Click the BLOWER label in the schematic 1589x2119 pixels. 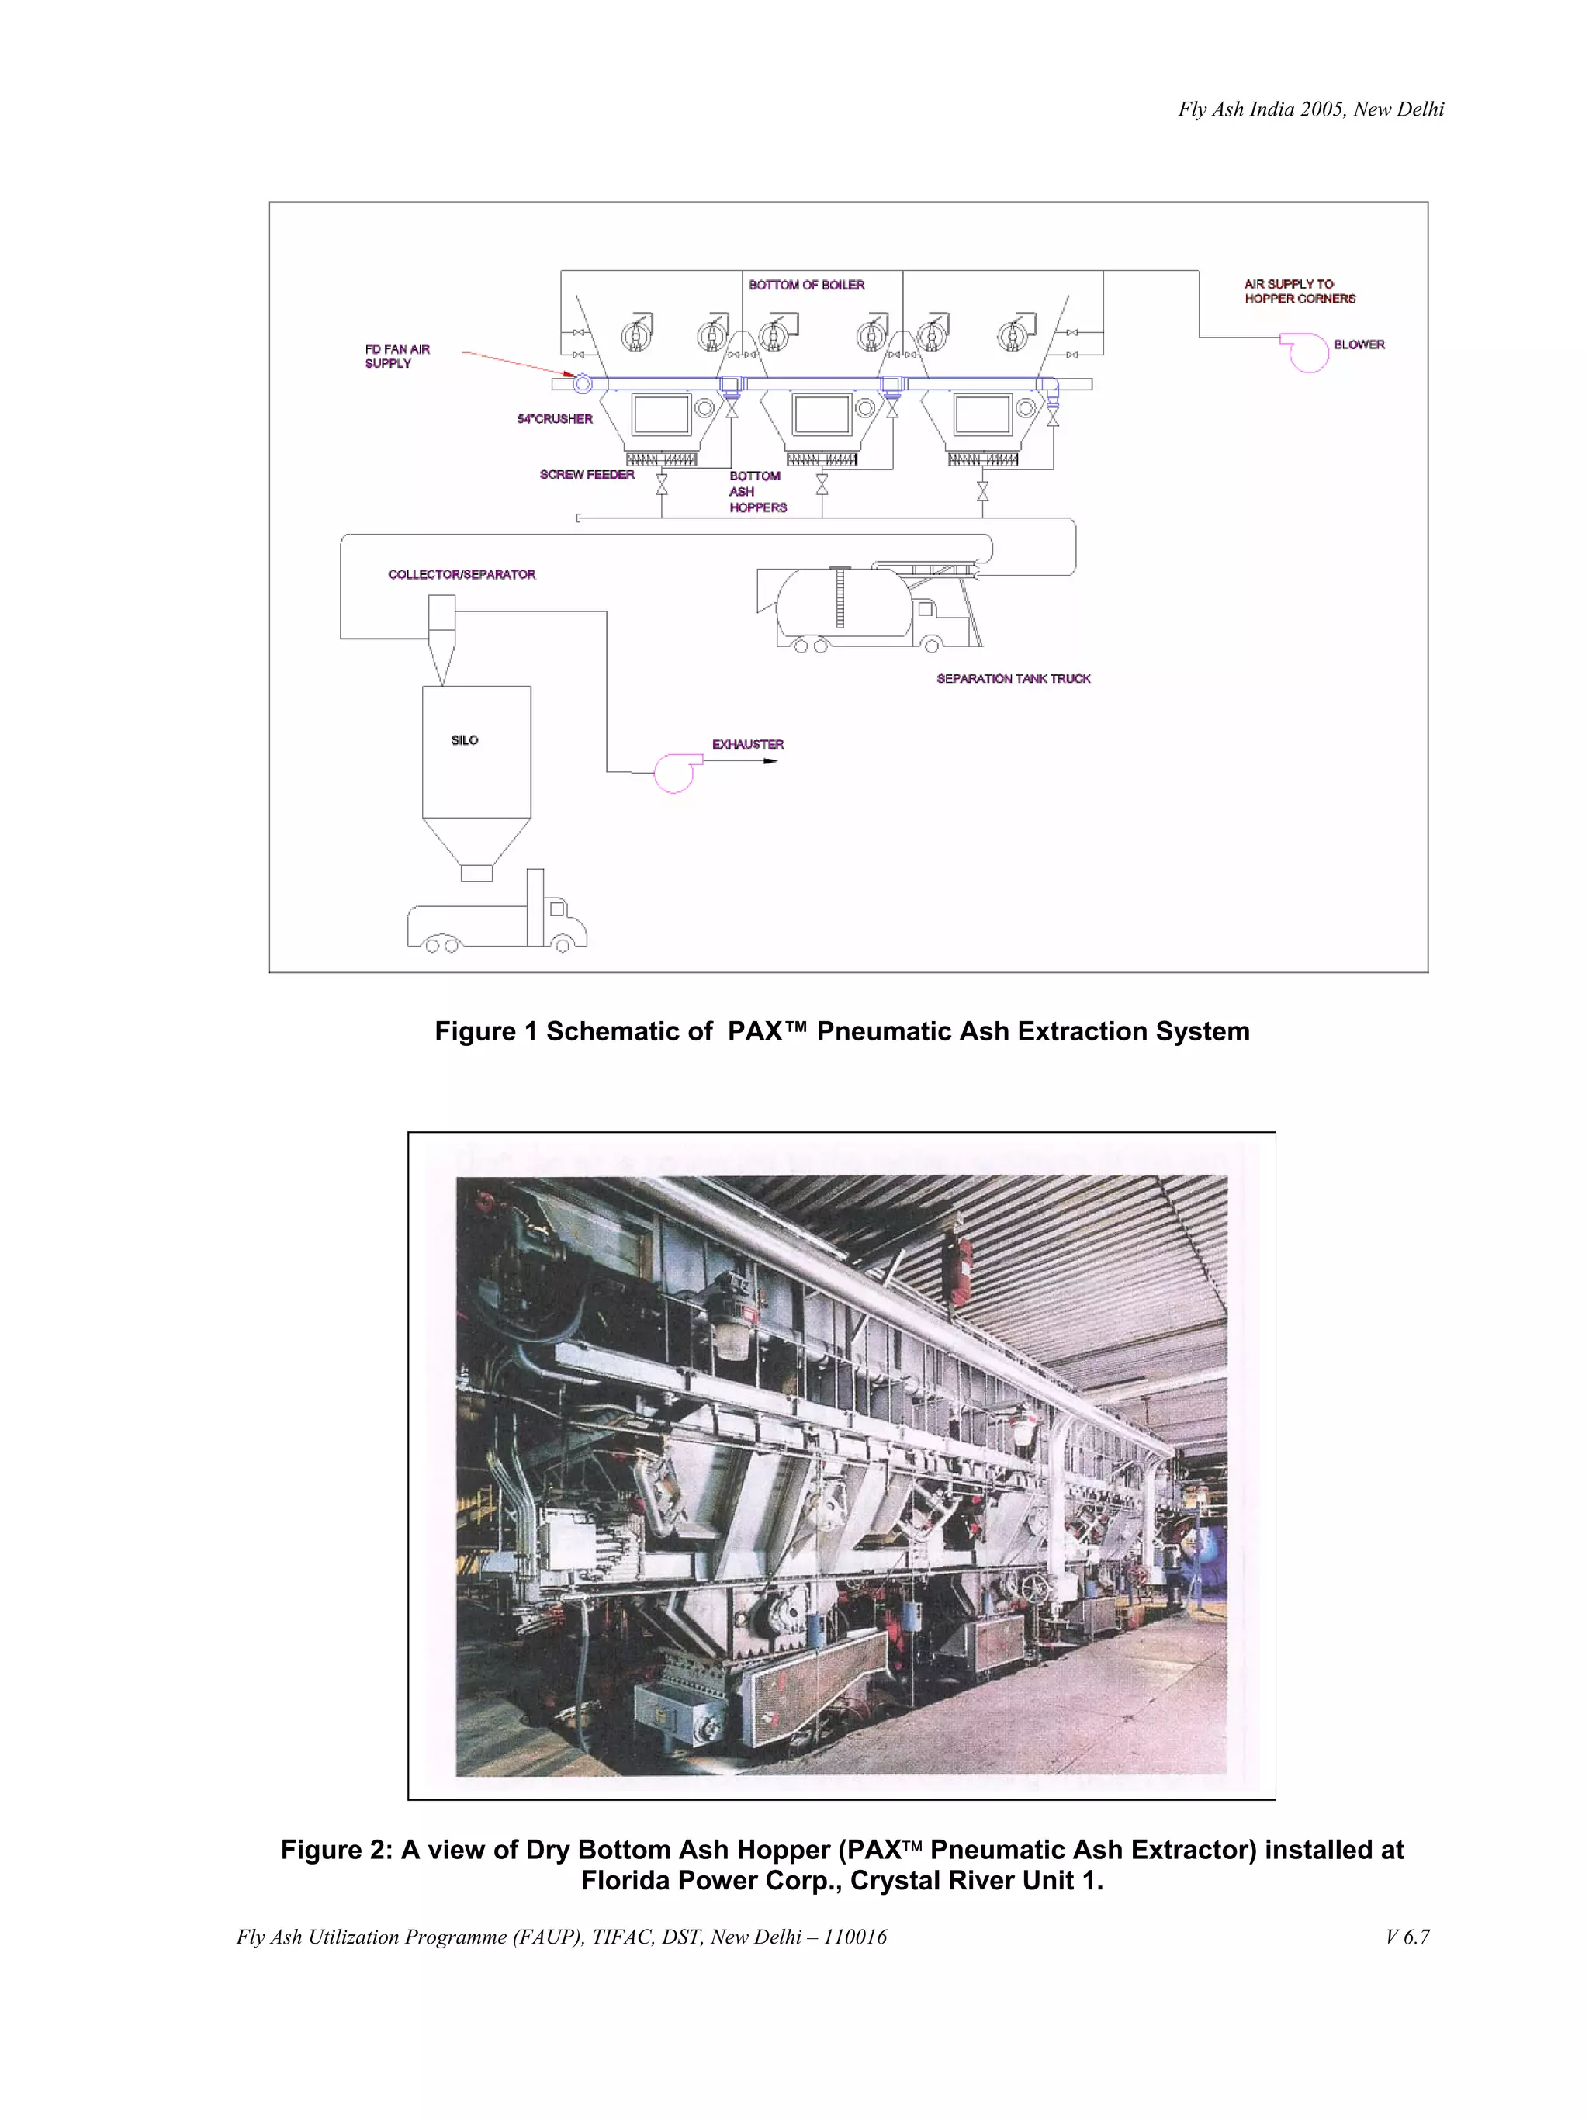pos(1357,344)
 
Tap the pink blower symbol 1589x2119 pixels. pos(1307,351)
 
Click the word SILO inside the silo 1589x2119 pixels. pos(465,740)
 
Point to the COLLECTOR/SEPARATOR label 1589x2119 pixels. pos(462,575)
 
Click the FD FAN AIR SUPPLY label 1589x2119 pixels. pos(396,356)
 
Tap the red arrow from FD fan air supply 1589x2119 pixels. pos(518,364)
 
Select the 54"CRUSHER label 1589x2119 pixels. pos(555,419)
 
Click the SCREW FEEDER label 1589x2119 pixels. pos(587,474)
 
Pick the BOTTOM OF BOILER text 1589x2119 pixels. pos(806,285)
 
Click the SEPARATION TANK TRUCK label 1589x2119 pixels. pos(1013,678)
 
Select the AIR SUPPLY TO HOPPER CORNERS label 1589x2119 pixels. pos(1299,291)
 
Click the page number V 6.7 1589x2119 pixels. pos(1406,1936)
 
